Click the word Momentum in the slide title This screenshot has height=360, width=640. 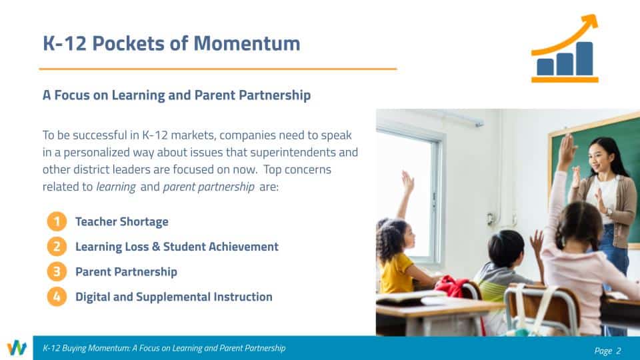(x=247, y=43)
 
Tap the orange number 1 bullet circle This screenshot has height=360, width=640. (x=57, y=221)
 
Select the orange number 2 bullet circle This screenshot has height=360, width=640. (x=57, y=247)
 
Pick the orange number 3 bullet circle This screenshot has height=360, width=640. (x=57, y=271)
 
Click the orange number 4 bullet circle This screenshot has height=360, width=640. (x=57, y=297)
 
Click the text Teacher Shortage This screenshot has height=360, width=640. (x=121, y=221)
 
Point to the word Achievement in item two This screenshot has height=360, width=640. (x=243, y=247)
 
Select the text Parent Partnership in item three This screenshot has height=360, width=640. (x=126, y=272)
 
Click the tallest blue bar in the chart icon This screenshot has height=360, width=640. (x=585, y=59)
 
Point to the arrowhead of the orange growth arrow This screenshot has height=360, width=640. (x=590, y=23)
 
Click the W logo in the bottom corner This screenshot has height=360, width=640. (x=17, y=348)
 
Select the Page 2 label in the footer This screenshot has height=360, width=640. (x=608, y=351)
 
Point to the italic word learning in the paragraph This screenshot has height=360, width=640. (x=116, y=187)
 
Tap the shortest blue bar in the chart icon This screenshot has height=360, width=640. (x=545, y=67)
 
